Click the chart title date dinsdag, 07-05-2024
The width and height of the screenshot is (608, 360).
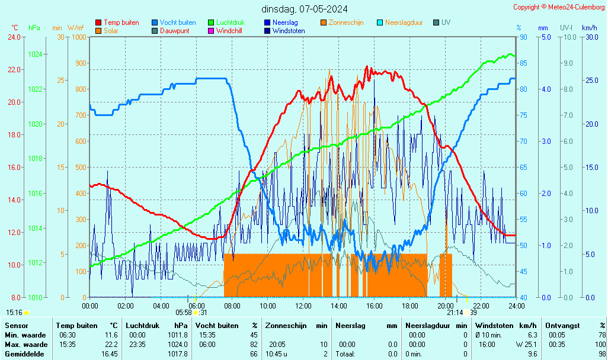[305, 9]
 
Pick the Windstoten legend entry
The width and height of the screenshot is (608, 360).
[289, 31]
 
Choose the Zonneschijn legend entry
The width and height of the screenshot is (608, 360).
[345, 22]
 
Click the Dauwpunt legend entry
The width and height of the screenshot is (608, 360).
[174, 31]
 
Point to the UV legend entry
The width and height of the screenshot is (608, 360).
[446, 22]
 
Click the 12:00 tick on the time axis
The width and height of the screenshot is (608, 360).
[303, 306]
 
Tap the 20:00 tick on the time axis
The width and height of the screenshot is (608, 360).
[446, 306]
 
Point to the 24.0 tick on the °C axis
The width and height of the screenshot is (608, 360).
[14, 37]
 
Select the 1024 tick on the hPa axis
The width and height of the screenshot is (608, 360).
[35, 54]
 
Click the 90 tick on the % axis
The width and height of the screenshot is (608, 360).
[523, 37]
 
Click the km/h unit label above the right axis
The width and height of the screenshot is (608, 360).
[589, 28]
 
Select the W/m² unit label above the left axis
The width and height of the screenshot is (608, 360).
[75, 28]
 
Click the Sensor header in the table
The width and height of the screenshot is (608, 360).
[15, 326]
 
